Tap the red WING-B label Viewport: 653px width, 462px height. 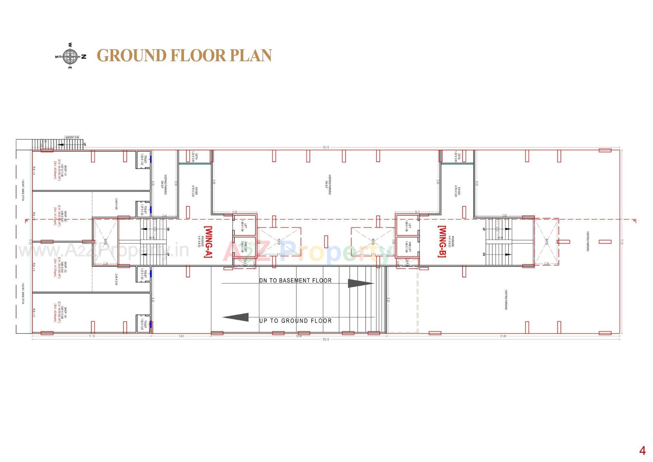pyautogui.click(x=442, y=242)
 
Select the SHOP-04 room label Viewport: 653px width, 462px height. pyautogui.click(x=60, y=314)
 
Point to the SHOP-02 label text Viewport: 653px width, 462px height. pyautogui.click(x=60, y=218)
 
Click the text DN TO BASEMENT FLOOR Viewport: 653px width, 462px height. pyautogui.click(x=295, y=280)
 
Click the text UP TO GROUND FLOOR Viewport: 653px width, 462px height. pyautogui.click(x=295, y=321)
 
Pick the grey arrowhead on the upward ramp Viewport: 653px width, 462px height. pyautogui.click(x=236, y=317)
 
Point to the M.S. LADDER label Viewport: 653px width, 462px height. pyautogui.click(x=72, y=138)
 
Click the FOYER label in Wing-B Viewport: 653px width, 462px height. pyautogui.click(x=457, y=191)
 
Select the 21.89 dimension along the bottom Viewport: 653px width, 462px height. pyautogui.click(x=503, y=336)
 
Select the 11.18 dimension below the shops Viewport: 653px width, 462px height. pyautogui.click(x=92, y=336)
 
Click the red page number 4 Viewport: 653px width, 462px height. pyautogui.click(x=642, y=451)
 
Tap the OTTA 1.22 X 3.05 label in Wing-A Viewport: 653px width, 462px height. pyautogui.click(x=195, y=157)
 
